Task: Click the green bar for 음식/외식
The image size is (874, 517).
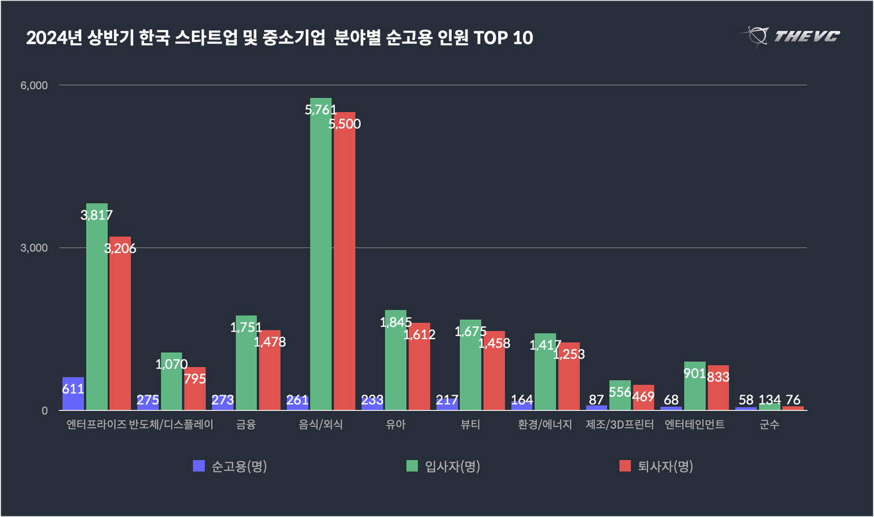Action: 321,258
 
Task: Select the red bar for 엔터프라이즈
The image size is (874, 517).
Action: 120,326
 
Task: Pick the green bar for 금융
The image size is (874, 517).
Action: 246,369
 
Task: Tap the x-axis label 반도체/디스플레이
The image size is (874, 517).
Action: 171,425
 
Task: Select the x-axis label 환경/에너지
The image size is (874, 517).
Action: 545,425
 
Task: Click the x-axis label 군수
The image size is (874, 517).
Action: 769,425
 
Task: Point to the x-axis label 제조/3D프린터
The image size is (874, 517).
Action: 619,425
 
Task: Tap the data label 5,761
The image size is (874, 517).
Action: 321,111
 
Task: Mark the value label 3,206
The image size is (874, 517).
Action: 120,249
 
